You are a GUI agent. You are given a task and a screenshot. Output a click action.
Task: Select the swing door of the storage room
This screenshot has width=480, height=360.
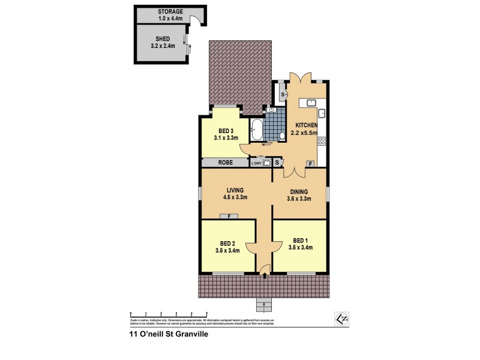(x=194, y=22)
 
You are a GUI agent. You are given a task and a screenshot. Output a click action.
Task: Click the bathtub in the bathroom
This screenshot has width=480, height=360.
(x=256, y=128)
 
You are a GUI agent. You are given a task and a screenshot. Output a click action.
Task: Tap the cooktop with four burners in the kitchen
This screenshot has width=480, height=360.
(x=322, y=142)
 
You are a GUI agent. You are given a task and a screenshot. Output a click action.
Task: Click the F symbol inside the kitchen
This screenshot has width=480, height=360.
(x=310, y=163)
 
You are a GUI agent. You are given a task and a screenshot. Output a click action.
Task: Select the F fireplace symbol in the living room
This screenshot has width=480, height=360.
(x=229, y=217)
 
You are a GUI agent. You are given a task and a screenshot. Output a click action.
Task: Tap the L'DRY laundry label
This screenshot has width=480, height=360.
(x=256, y=163)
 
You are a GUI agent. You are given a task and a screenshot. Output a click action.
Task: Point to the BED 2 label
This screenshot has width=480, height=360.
(x=227, y=243)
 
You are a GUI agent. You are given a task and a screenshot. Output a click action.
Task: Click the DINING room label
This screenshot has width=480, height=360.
(x=298, y=192)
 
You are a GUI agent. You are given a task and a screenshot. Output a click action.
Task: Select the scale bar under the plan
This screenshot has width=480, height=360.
(x=169, y=314)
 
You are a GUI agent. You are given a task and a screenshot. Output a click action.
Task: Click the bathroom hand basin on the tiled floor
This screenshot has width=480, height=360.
(x=272, y=111)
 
